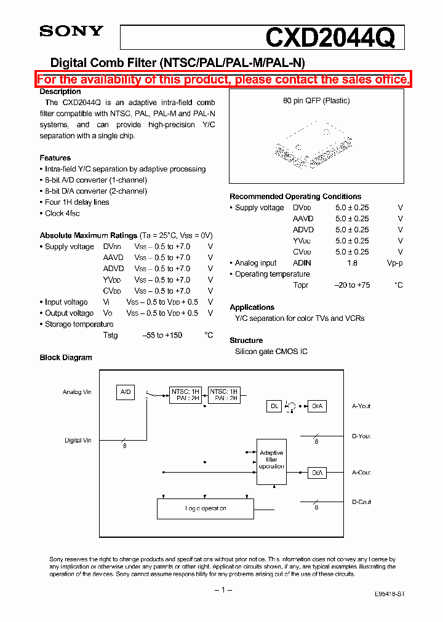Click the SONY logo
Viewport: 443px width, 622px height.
tap(71, 31)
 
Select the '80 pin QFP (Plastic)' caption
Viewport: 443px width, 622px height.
tap(316, 101)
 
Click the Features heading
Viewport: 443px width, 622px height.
tap(55, 158)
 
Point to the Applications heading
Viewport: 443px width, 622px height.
tap(252, 307)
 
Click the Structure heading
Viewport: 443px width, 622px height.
tap(246, 341)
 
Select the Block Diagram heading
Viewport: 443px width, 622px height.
tap(66, 358)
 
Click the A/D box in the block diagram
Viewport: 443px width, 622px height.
tap(126, 392)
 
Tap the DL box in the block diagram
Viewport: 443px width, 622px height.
tap(274, 406)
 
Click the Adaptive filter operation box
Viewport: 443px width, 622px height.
tap(271, 459)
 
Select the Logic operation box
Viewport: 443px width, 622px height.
tap(206, 508)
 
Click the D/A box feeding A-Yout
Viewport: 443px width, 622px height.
tap(316, 406)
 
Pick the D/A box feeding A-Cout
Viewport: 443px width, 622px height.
tap(316, 473)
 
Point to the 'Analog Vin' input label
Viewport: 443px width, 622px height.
tap(77, 392)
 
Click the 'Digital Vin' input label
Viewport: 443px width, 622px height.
tap(78, 441)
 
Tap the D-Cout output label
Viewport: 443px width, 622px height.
tap(362, 502)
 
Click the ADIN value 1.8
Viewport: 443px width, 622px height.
tap(352, 263)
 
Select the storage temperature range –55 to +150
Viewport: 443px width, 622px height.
tap(162, 336)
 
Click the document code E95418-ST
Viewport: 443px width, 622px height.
tap(389, 596)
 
